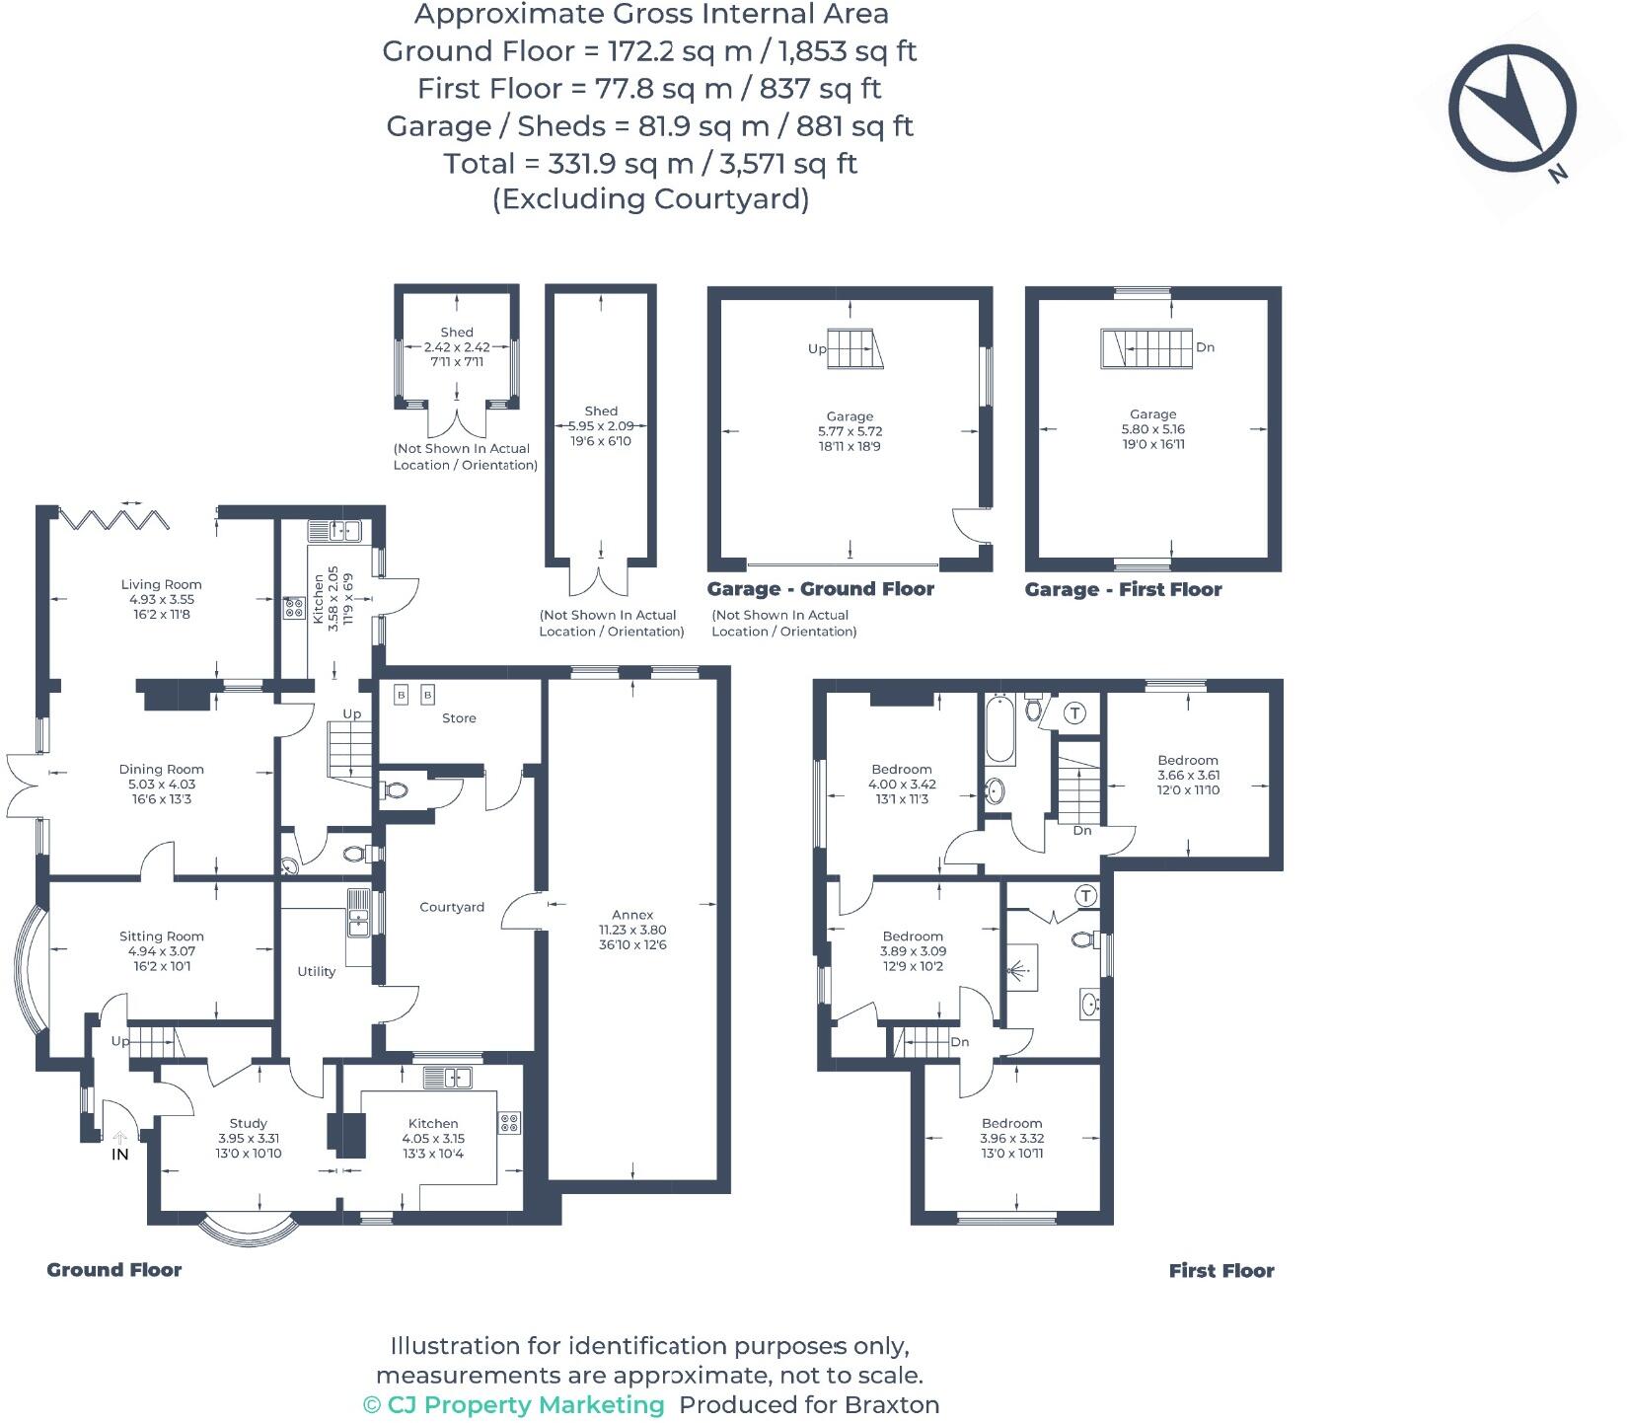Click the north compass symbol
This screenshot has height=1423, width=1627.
tap(1512, 108)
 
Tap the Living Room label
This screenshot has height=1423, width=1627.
tap(161, 584)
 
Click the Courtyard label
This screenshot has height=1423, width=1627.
tap(452, 907)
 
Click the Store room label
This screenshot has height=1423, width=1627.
tap(459, 718)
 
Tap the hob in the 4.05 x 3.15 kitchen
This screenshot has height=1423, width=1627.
tap(509, 1123)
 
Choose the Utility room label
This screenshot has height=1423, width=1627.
tap(317, 971)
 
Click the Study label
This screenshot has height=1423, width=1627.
tap(248, 1123)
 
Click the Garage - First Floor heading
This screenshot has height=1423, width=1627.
tap(1123, 590)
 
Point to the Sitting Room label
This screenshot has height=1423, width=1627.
tap(161, 936)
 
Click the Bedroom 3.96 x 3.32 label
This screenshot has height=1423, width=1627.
tap(1011, 1123)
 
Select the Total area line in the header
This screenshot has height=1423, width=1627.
tap(650, 163)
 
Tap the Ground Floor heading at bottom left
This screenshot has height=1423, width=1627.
tap(114, 1270)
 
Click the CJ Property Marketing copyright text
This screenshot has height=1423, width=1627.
tap(514, 1404)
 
